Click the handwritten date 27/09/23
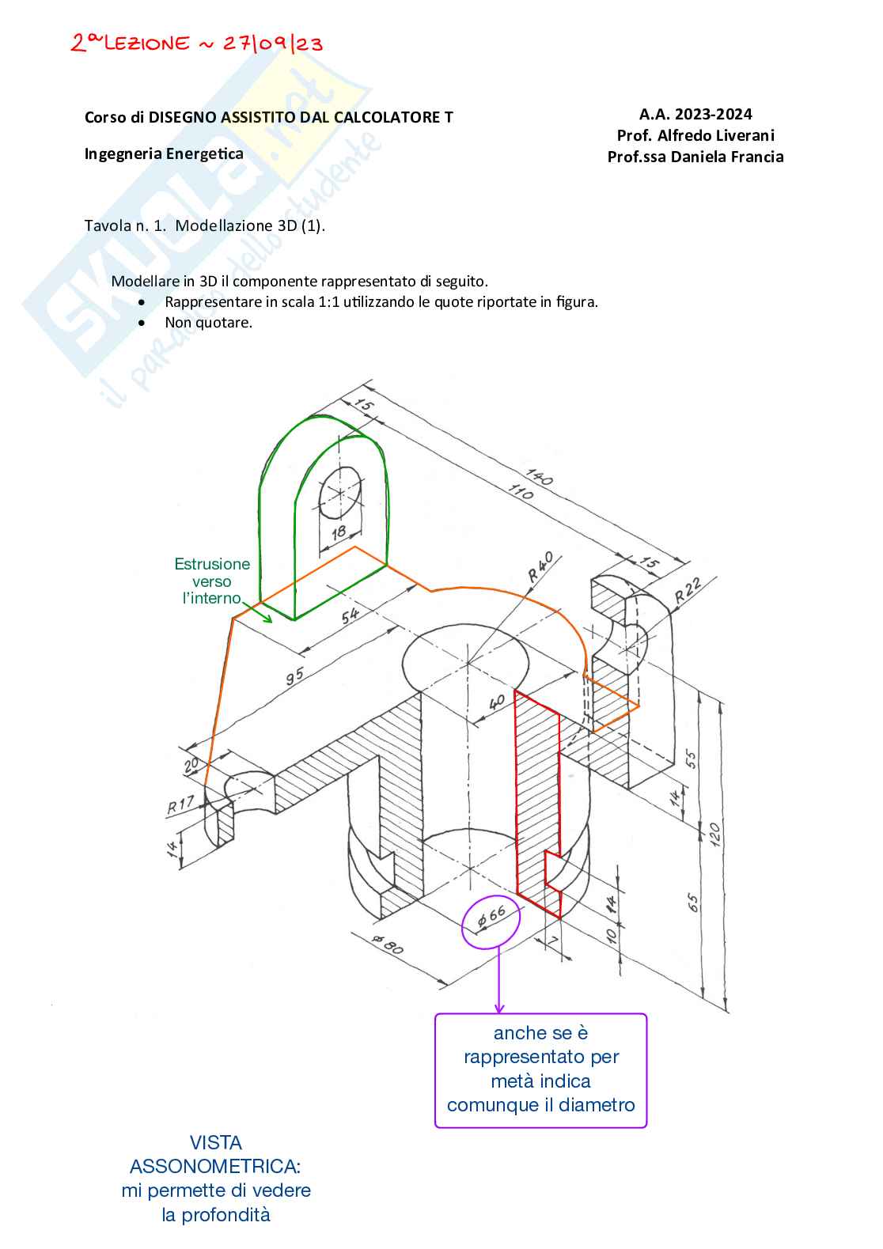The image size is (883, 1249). click(x=273, y=44)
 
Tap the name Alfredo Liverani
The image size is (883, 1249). click(x=716, y=135)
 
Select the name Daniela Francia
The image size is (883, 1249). click(x=727, y=157)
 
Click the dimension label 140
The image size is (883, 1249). click(x=540, y=477)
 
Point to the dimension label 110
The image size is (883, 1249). click(x=521, y=491)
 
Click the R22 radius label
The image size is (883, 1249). click(x=688, y=591)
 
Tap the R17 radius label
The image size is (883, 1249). click(x=180, y=804)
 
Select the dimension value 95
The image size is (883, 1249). click(x=295, y=676)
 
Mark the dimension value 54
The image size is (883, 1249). click(x=351, y=615)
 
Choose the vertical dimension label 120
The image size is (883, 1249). click(x=714, y=835)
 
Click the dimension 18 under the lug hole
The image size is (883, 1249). click(x=339, y=533)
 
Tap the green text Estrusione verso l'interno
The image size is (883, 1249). click(x=212, y=581)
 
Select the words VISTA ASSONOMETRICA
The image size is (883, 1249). click(x=215, y=1155)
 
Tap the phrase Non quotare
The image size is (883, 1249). click(x=209, y=322)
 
